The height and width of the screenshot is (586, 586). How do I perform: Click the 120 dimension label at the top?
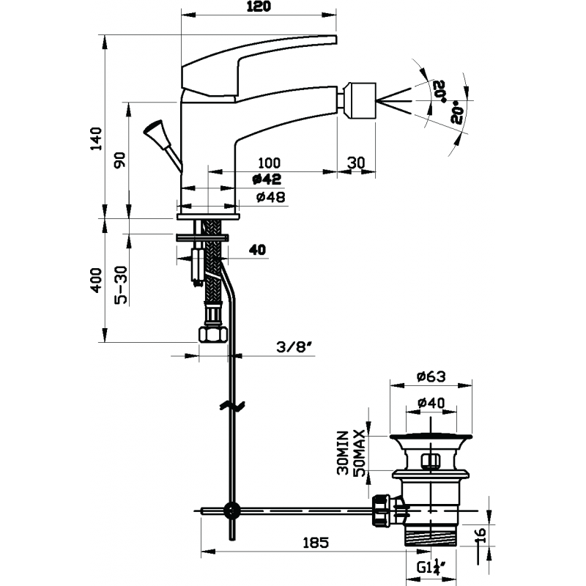click(x=259, y=7)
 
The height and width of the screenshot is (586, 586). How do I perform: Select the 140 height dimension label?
click(x=96, y=138)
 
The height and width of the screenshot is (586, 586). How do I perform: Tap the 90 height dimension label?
click(x=120, y=160)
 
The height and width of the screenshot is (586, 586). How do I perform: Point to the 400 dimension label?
click(x=96, y=281)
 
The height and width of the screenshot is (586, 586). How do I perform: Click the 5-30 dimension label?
click(x=121, y=285)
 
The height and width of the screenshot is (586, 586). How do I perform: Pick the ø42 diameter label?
click(x=267, y=179)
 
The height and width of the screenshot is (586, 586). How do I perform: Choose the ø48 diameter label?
click(x=271, y=196)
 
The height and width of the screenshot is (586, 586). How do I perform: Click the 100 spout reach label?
click(x=269, y=163)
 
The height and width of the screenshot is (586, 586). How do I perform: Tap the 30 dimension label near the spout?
click(x=356, y=163)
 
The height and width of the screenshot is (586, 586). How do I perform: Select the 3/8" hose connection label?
click(x=294, y=347)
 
